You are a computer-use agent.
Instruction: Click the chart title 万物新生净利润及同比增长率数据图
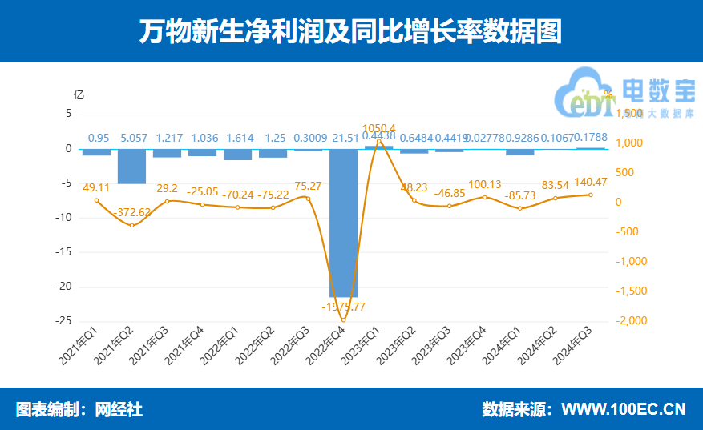click(351, 31)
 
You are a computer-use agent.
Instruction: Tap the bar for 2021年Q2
click(131, 167)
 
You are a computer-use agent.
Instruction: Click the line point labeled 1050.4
click(378, 141)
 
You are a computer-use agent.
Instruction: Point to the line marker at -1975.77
click(343, 320)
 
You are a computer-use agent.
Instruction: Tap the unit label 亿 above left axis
click(79, 94)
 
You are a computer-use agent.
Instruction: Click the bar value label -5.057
click(132, 137)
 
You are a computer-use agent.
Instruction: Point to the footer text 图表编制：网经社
click(79, 409)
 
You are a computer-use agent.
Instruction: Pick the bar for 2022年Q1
click(237, 155)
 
